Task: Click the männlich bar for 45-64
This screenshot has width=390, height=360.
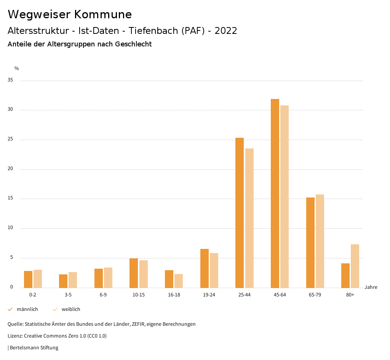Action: pos(275,193)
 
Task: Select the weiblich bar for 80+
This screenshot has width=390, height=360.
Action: pos(355,266)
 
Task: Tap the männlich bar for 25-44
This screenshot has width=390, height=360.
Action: pos(240,213)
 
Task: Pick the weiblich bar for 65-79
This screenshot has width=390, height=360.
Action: pos(320,241)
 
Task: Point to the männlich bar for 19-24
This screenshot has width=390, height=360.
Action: pos(205,268)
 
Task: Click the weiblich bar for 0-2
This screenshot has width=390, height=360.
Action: pos(38,279)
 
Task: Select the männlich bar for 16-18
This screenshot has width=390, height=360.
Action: pos(169,279)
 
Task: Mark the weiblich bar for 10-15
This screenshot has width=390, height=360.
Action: pos(144,274)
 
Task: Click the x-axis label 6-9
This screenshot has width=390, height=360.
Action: pos(103,295)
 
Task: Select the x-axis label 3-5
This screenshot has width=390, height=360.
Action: pos(68,295)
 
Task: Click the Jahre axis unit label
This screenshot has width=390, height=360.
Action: pos(371,287)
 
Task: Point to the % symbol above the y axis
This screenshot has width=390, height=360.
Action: pos(17,68)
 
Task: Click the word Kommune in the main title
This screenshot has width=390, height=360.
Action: pos(103,14)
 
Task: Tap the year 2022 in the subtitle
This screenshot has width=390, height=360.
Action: pos(226,31)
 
